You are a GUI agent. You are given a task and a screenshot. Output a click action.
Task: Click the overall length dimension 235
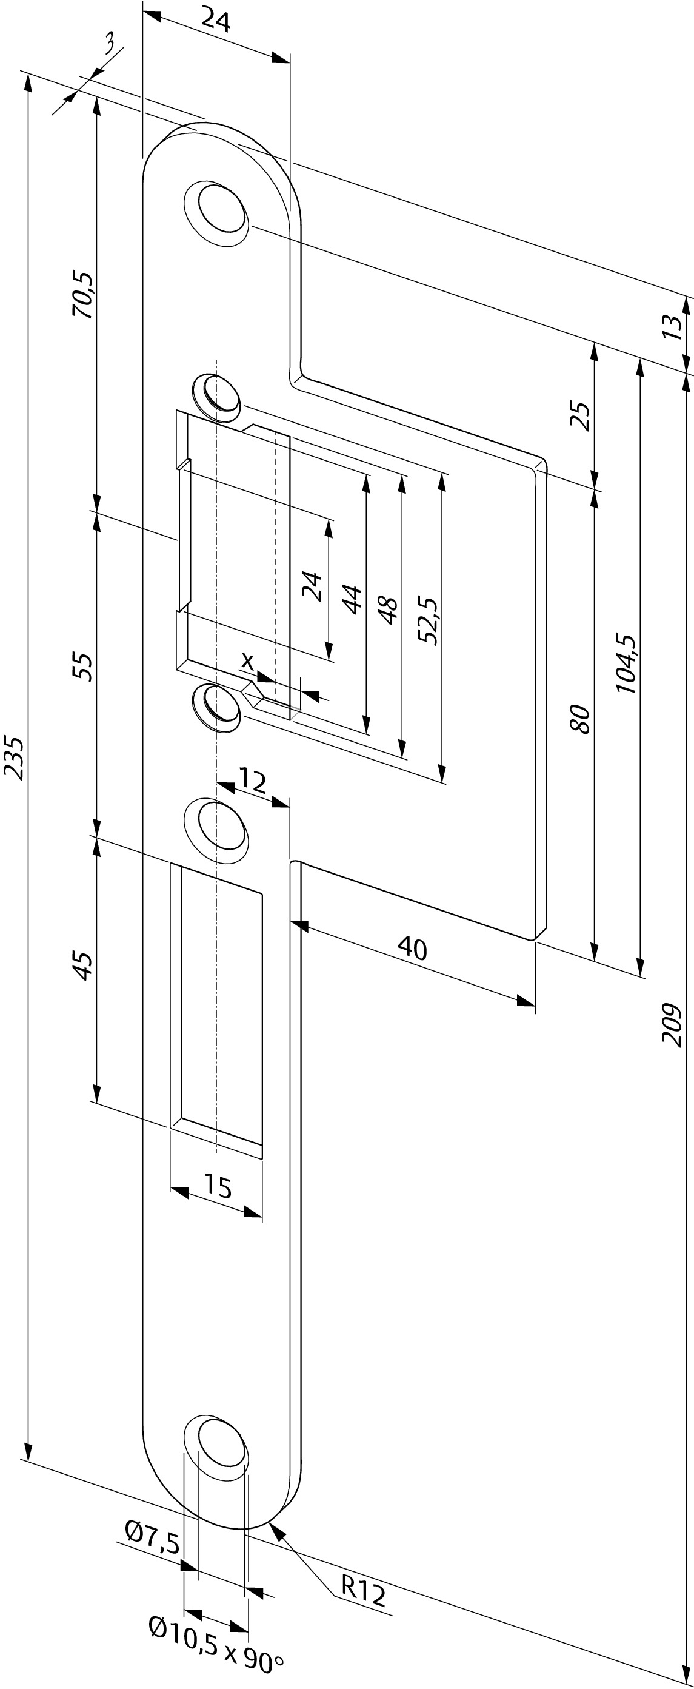click(15, 759)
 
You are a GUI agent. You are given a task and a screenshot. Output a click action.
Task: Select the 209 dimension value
click(672, 1024)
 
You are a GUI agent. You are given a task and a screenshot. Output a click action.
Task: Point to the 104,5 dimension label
click(627, 663)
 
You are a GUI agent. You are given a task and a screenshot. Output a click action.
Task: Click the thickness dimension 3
click(110, 45)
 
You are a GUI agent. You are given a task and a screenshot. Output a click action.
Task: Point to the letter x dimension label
click(247, 662)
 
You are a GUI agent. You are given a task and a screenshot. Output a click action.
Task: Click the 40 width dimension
click(412, 947)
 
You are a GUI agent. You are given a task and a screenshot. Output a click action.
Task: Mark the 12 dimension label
click(252, 781)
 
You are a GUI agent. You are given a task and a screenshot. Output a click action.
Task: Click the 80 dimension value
click(581, 719)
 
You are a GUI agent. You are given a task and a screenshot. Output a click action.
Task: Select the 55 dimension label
click(83, 666)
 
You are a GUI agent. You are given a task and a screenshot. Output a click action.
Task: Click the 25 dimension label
click(581, 414)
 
